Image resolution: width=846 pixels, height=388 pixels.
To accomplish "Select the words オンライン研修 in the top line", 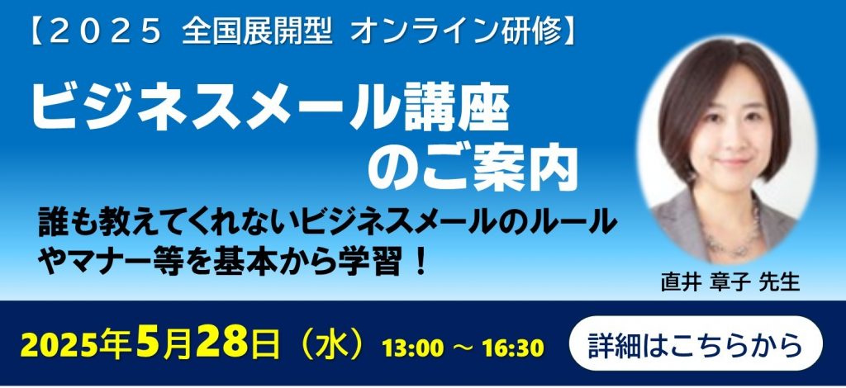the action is coord(455,33).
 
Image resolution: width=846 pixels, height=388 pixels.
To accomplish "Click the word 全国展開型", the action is coord(256,33).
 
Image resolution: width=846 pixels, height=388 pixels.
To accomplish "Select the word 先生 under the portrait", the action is coord(779,283).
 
